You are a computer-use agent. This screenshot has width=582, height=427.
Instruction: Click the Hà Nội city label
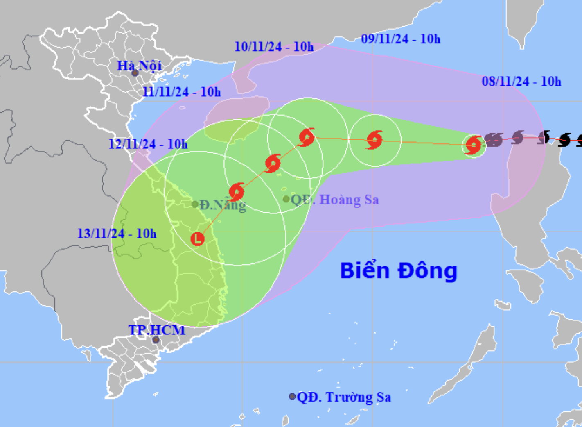point(139,66)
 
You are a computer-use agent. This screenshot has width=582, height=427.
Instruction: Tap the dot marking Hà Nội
point(135,73)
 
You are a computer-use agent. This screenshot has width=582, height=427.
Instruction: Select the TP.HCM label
point(157,330)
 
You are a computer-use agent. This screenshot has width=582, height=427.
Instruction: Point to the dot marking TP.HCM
point(156,340)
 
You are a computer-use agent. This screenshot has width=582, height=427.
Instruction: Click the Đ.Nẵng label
point(223,205)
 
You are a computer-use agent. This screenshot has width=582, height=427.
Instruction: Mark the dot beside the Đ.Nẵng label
point(195,204)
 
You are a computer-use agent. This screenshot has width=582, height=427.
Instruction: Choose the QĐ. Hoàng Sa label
point(335,200)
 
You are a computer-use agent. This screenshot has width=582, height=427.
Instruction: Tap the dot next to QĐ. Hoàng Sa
point(286,199)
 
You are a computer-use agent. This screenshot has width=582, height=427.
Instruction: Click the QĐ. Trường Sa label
point(344,397)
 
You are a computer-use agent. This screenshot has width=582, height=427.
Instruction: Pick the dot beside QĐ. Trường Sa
point(292,396)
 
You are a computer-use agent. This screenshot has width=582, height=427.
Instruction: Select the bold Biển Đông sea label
point(398,270)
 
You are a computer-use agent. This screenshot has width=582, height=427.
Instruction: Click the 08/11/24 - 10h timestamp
point(521,81)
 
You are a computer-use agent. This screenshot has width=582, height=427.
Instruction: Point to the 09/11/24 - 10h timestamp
point(401,39)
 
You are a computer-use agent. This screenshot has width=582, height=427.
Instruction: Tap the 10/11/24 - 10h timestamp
point(274,47)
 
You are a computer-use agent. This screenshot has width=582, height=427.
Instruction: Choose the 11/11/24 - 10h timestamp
point(181,92)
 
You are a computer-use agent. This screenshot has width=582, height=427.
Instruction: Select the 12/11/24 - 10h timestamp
point(148,144)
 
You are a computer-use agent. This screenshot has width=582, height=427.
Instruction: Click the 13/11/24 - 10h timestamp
point(117,234)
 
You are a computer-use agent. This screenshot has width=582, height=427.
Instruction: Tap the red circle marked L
point(198,238)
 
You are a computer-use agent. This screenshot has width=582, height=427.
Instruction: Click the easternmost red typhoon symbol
point(474,145)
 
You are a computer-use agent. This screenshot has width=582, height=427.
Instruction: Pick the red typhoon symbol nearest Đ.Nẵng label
point(237,191)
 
